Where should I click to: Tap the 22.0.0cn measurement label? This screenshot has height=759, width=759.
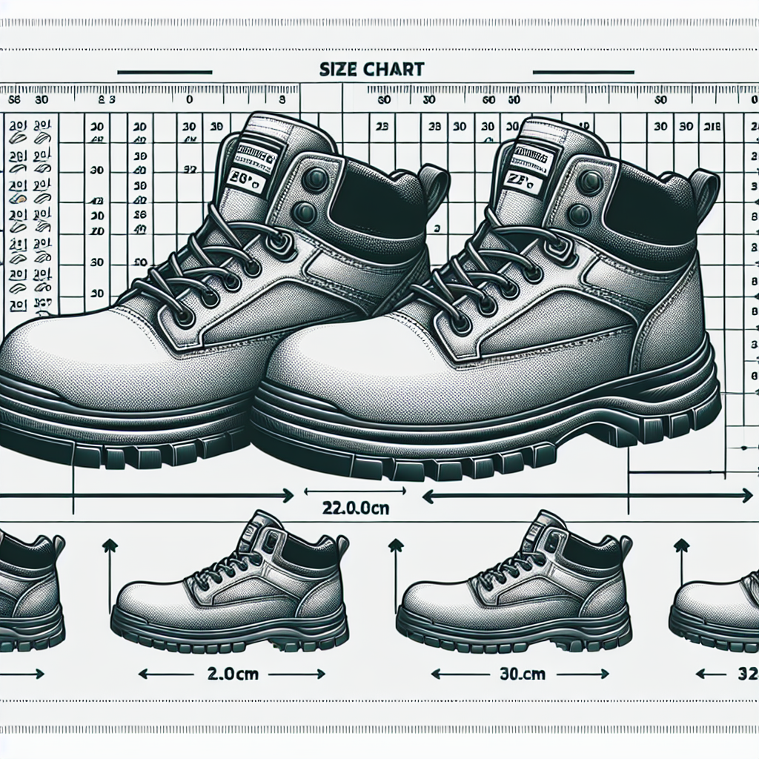356,509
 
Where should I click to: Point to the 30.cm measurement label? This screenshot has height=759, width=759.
519,675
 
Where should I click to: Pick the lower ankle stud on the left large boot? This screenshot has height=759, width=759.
304,213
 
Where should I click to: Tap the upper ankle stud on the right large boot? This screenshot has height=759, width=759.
590,182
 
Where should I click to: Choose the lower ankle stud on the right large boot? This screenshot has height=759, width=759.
578,215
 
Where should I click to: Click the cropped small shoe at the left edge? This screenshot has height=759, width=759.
30,593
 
